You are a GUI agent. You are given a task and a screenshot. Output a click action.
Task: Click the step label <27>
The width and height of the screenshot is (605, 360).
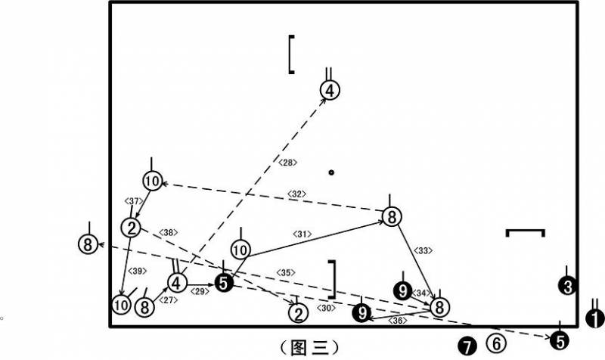168,299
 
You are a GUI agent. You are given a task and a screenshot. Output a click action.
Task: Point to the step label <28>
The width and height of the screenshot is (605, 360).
287,163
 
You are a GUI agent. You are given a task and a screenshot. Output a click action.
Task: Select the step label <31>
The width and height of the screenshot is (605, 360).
302,234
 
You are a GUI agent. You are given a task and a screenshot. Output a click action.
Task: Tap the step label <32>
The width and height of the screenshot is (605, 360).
296,194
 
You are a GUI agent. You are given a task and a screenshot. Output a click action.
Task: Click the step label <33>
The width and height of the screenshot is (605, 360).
423,250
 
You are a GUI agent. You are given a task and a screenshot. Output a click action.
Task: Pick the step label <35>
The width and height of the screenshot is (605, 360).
286,273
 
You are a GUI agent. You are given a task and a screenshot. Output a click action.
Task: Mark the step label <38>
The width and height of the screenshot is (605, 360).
168,233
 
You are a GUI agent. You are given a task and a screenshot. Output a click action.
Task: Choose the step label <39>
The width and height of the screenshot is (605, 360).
138,271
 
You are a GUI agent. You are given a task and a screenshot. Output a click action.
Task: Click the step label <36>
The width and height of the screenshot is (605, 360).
398,321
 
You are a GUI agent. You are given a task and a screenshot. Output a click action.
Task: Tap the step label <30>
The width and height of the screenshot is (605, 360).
326,308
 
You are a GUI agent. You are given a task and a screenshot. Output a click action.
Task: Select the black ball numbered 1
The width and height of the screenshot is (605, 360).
595,319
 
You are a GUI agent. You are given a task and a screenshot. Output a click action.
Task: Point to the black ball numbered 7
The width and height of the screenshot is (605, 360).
467,346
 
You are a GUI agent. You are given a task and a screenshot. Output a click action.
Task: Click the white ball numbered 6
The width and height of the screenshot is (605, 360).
497,343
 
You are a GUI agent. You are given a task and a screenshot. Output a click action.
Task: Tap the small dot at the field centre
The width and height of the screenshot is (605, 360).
331,172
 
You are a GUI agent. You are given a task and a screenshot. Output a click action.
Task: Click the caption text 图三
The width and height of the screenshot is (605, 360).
309,348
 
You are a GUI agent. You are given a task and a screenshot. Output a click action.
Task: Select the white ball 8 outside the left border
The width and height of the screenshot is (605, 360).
88,244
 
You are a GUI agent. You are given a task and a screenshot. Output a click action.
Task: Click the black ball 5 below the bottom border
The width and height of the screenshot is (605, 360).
560,340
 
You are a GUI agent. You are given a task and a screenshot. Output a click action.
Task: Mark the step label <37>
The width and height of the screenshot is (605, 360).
134,201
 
